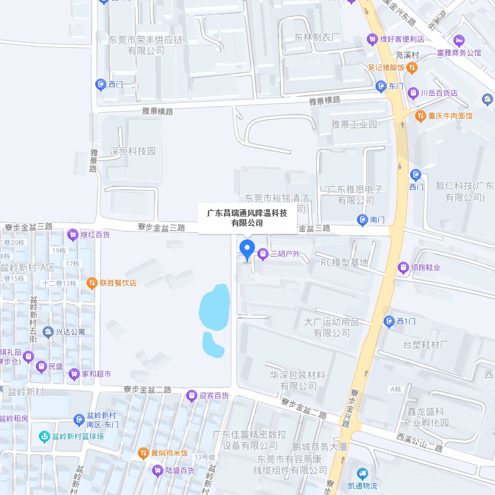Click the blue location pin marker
pos(247,249)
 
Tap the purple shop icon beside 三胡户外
pos(263,254)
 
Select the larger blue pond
pos(214,307)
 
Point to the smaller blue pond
pos(213,345)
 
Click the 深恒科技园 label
pos(132,151)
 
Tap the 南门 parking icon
pos(363,220)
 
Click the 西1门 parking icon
pos(389,321)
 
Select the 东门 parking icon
pos(382,86)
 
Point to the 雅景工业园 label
pos(354,124)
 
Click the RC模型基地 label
pos(344,262)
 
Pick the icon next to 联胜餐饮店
pos(92,283)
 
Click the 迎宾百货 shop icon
pos(192,395)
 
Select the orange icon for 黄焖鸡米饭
pos(144,453)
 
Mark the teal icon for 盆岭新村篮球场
pos(44,436)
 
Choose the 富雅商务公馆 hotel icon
pos(459,40)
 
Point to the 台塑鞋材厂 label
pos(426,344)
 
